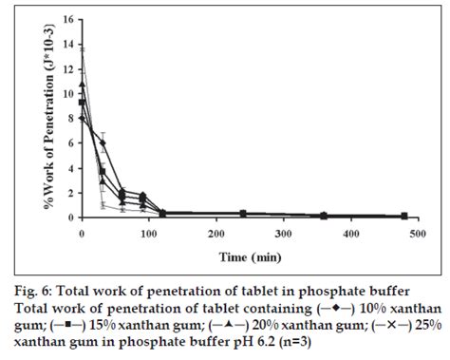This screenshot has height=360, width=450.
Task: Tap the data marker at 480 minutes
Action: [x=405, y=216]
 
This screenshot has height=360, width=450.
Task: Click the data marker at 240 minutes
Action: [x=244, y=214]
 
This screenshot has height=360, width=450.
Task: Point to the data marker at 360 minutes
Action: [x=325, y=216]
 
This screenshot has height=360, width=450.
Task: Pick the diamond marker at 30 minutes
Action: [x=103, y=143]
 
